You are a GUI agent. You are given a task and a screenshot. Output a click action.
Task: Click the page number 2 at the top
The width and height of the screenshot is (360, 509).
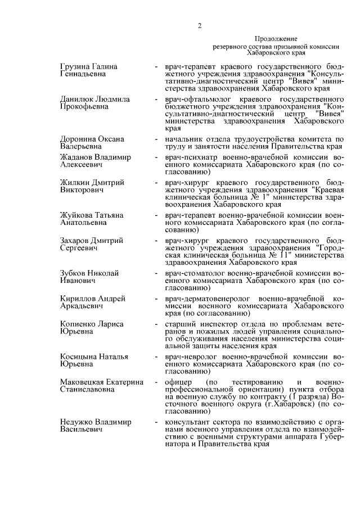pyautogui.click(x=199, y=24)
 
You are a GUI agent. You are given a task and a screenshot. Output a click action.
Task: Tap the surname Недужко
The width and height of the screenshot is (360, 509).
pyautogui.click(x=75, y=422)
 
